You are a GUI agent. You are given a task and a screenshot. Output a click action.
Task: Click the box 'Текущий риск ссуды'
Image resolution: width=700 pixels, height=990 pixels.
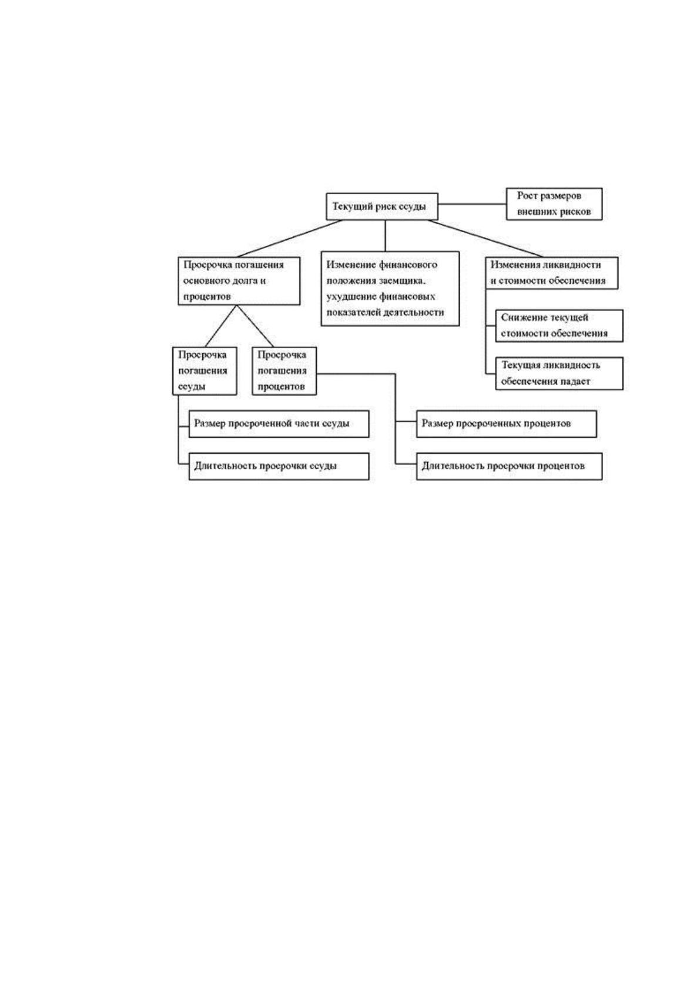pyautogui.click(x=382, y=206)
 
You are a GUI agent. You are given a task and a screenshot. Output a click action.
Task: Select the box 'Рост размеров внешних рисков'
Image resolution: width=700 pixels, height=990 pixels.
pyautogui.click(x=554, y=204)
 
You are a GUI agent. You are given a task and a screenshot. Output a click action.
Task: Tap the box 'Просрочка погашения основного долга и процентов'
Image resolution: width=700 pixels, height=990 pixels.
pyautogui.click(x=239, y=280)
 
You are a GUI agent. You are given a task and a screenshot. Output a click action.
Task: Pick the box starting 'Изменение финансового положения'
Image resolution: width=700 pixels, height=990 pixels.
pyautogui.click(x=390, y=289)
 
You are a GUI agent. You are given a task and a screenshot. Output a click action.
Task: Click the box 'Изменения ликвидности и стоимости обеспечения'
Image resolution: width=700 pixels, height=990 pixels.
pyautogui.click(x=551, y=273)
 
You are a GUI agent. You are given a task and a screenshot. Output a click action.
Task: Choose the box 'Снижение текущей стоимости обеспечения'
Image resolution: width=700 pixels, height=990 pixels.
pyautogui.click(x=559, y=325)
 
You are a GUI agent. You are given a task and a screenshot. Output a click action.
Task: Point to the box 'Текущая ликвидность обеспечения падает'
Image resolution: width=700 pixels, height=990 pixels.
pyautogui.click(x=559, y=373)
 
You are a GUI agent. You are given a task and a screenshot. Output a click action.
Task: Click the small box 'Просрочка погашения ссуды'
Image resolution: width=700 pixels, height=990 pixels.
pyautogui.click(x=205, y=370)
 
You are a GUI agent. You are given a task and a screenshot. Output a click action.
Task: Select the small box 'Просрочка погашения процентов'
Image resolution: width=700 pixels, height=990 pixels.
pyautogui.click(x=284, y=370)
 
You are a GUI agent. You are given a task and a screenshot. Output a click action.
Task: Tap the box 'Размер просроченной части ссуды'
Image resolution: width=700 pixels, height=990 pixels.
pyautogui.click(x=279, y=424)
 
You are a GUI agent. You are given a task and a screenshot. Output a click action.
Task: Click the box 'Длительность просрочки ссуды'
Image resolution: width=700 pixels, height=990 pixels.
pyautogui.click(x=279, y=466)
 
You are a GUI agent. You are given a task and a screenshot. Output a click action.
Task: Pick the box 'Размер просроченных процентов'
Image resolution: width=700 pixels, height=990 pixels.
pyautogui.click(x=507, y=424)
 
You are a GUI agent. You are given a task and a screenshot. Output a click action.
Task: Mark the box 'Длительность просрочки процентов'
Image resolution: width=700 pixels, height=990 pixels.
pyautogui.click(x=509, y=466)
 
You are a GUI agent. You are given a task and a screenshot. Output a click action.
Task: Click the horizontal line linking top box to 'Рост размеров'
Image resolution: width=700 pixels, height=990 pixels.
pyautogui.click(x=472, y=204)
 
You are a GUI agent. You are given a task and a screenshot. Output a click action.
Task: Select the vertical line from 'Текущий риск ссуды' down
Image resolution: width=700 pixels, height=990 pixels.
pyautogui.click(x=385, y=236)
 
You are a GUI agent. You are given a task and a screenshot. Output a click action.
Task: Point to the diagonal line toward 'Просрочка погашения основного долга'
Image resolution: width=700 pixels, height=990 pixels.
pyautogui.click(x=290, y=238)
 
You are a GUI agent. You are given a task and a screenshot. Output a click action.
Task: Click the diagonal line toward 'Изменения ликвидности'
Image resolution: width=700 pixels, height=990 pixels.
pyautogui.click(x=485, y=238)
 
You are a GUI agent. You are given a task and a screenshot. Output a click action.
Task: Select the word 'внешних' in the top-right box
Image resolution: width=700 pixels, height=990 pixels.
pyautogui.click(x=536, y=212)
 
